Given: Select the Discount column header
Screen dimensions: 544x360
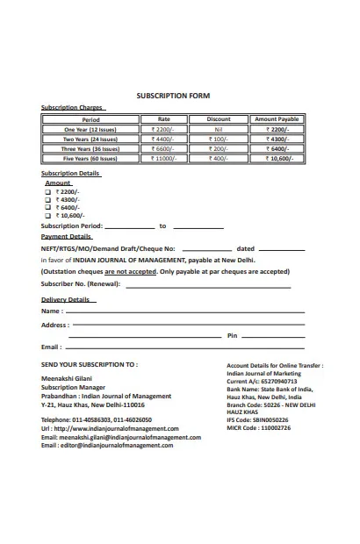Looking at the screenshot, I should coord(219,119).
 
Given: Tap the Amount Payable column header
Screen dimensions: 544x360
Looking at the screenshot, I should coord(276,119).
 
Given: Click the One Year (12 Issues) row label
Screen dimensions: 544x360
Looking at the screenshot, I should coord(90,129).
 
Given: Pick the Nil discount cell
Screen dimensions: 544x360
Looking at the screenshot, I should coord(219,129).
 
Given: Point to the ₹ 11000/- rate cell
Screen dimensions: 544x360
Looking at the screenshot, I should coord(163,159).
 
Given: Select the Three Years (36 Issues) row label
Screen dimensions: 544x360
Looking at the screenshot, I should coord(90,149).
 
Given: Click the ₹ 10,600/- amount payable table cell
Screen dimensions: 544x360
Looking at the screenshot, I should coord(276,159).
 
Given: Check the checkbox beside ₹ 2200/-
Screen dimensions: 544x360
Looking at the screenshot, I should coord(48,191).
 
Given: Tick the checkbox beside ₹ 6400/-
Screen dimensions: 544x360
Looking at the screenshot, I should coord(48,207).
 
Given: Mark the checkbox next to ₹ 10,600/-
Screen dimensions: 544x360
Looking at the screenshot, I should coord(48,215).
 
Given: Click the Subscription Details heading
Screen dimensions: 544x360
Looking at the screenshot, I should coord(71,174).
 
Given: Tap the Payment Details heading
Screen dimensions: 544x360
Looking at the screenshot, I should coord(67,237).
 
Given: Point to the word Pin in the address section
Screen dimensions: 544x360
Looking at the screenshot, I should coord(232,336).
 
